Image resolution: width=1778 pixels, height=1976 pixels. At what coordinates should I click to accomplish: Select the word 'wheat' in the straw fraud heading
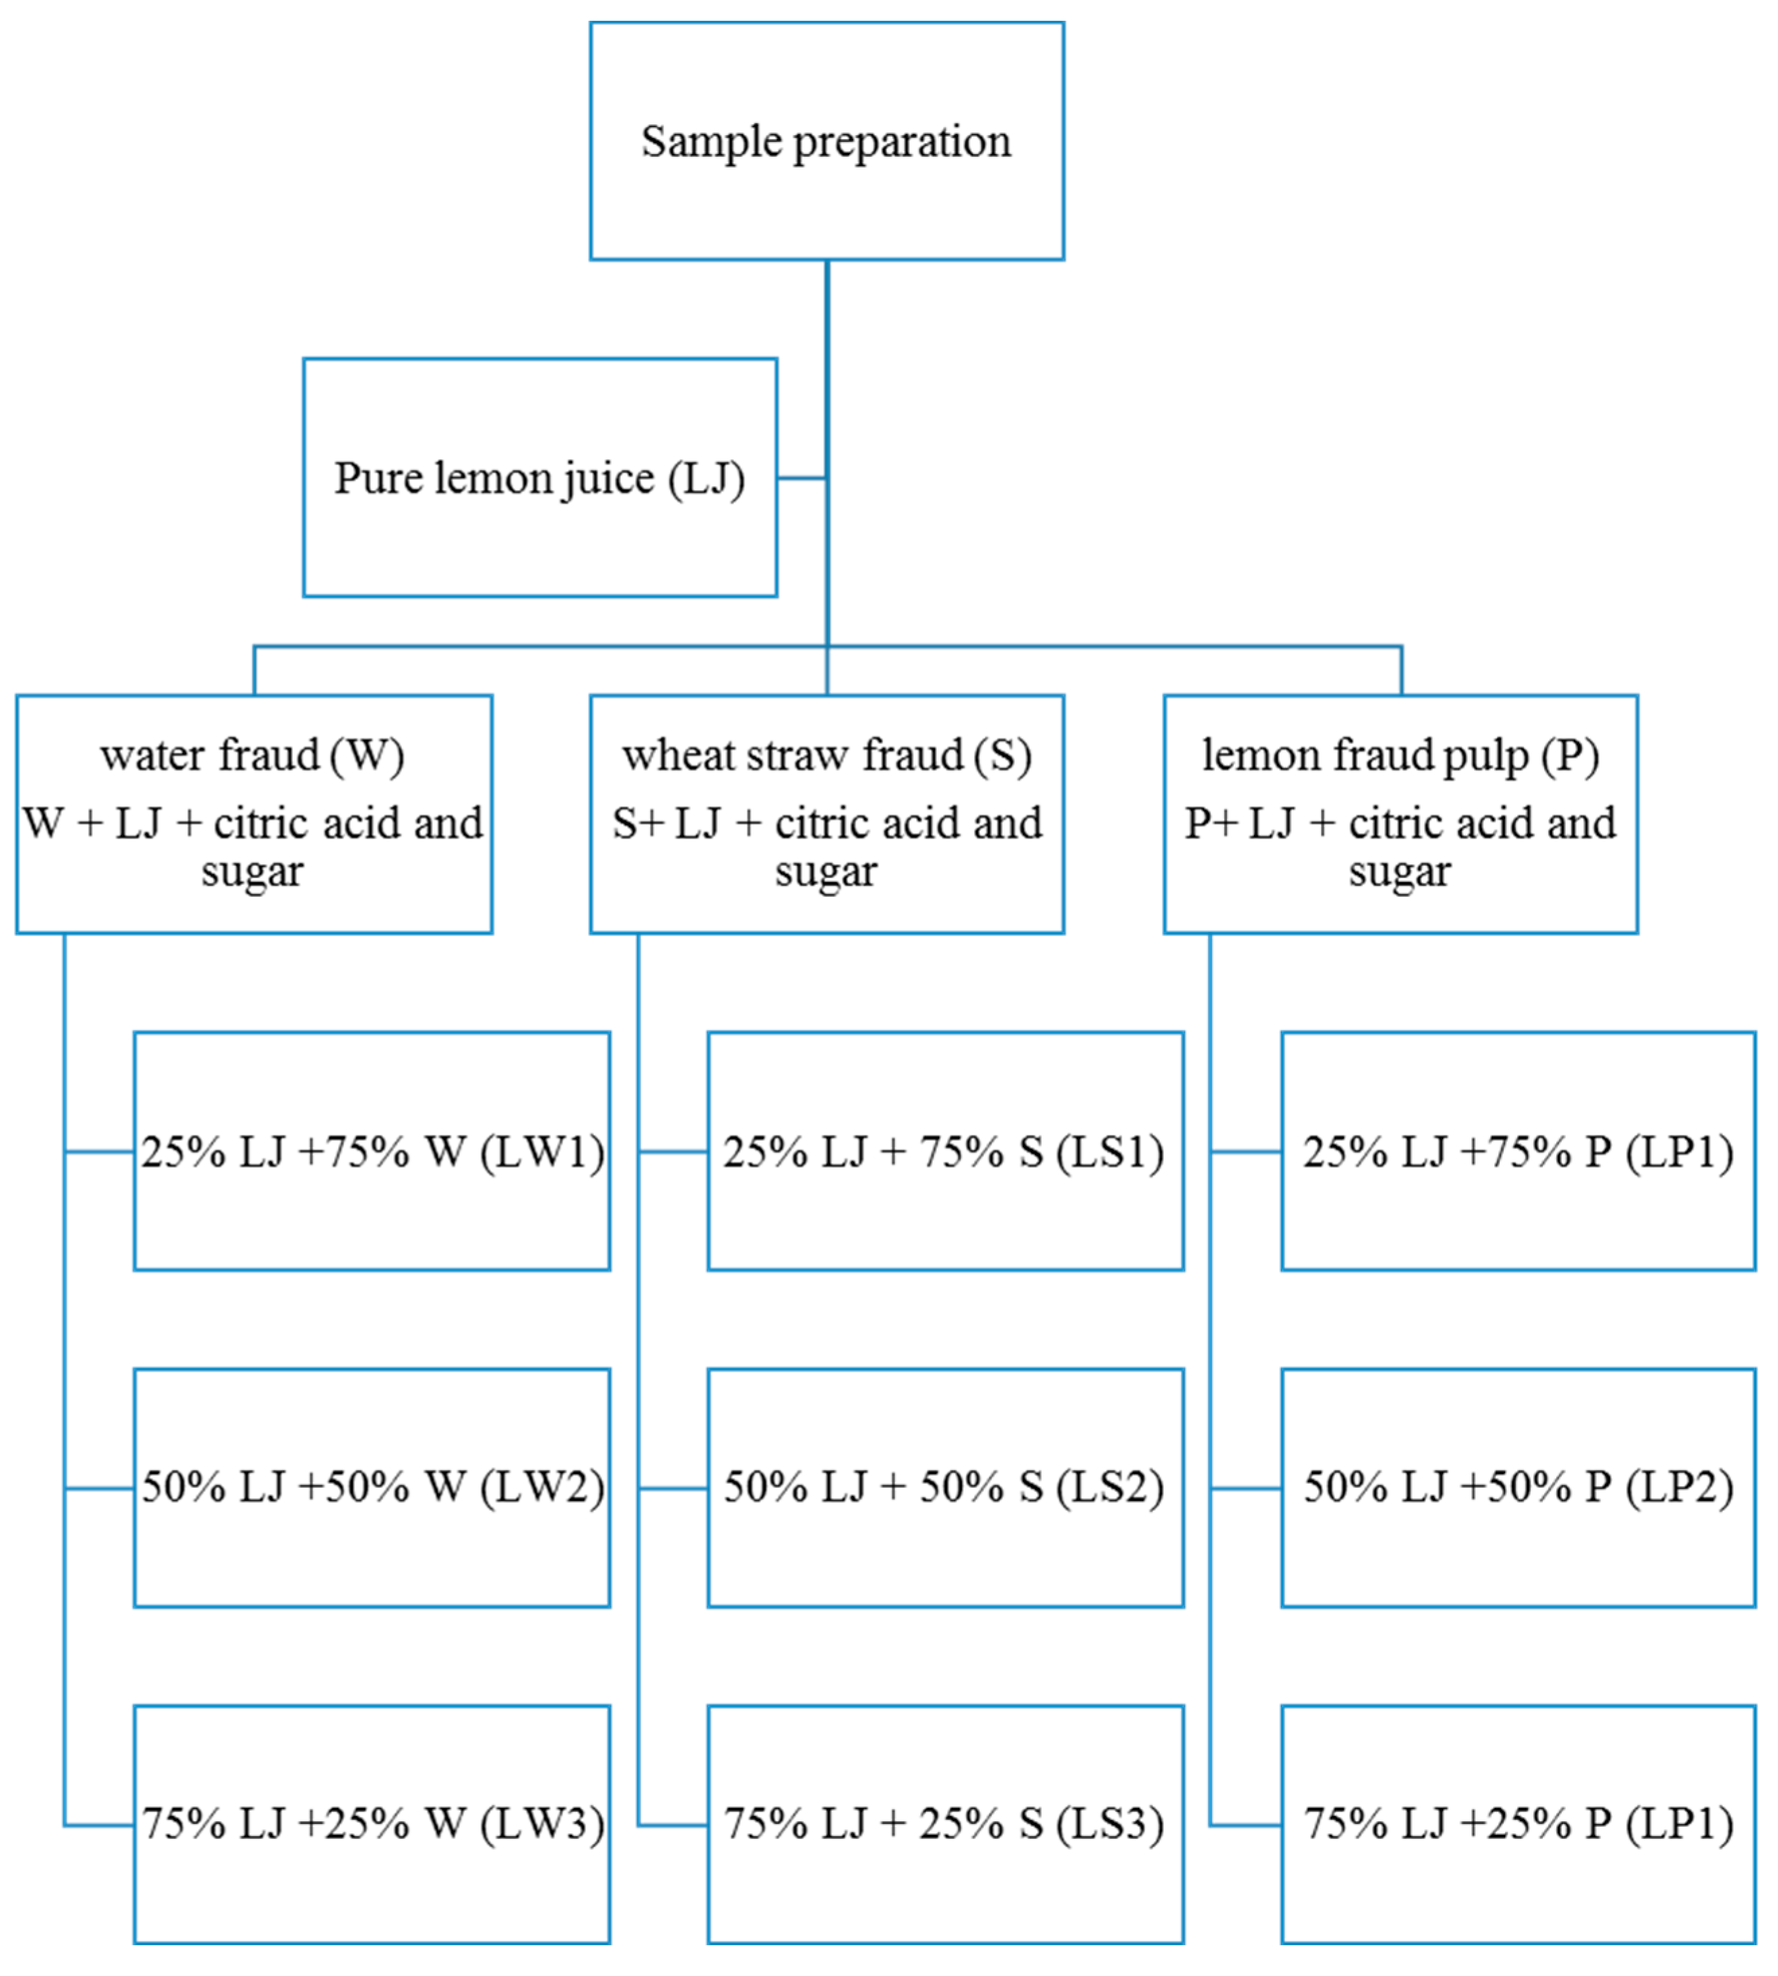click(x=679, y=756)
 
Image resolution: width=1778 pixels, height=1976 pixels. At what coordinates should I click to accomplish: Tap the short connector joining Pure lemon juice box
click(x=801, y=478)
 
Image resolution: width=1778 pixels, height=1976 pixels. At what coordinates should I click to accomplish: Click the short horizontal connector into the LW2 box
click(x=99, y=1489)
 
